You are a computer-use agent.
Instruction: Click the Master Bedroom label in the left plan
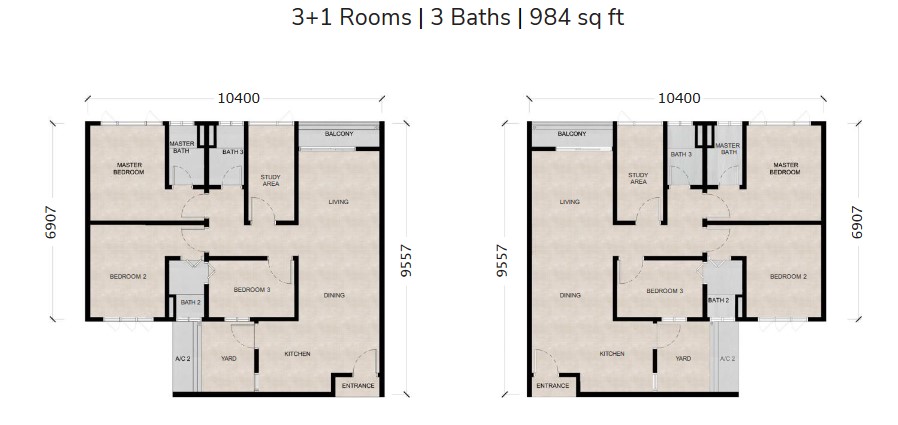(129, 169)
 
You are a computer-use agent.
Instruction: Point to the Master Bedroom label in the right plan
(785, 169)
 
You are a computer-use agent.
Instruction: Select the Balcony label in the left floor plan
(339, 134)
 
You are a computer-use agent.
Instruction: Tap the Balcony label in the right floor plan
(571, 134)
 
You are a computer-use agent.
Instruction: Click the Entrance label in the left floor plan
(357, 385)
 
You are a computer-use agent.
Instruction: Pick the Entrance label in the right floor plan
(552, 385)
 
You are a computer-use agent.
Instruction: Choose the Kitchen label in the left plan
(297, 354)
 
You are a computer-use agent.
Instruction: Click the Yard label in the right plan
(683, 358)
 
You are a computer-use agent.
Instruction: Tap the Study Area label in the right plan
(638, 179)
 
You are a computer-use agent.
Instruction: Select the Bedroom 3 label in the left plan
(252, 290)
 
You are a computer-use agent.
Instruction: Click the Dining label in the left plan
(335, 295)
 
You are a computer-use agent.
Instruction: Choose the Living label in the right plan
(570, 202)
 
